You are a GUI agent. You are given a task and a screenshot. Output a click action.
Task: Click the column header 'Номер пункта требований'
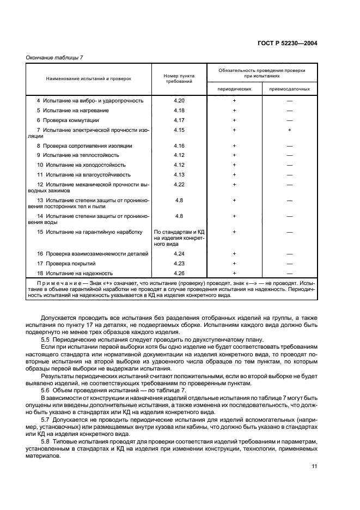pos(179,78)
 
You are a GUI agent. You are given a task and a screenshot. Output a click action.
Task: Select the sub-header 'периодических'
pos(234,89)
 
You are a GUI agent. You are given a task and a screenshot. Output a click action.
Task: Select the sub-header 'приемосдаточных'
pos(290,89)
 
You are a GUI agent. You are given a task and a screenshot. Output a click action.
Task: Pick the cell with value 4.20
pos(179,101)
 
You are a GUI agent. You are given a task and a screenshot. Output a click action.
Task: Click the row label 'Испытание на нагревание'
pos(76,110)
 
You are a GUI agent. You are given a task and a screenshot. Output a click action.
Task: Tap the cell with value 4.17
pos(179,120)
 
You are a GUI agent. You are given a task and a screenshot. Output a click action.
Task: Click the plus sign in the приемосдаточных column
pos(290,130)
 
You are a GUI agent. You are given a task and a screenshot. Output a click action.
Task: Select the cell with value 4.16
pos(179,146)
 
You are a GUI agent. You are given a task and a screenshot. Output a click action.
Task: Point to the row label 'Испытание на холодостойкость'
pos(81,165)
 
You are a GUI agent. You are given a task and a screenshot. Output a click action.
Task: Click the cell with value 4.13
pos(179,174)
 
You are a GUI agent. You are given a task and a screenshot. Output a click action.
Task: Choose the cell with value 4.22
pos(179,184)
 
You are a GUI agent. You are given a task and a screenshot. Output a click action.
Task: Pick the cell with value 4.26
pos(179,273)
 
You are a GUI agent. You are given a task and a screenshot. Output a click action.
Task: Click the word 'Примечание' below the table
pos(52,283)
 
